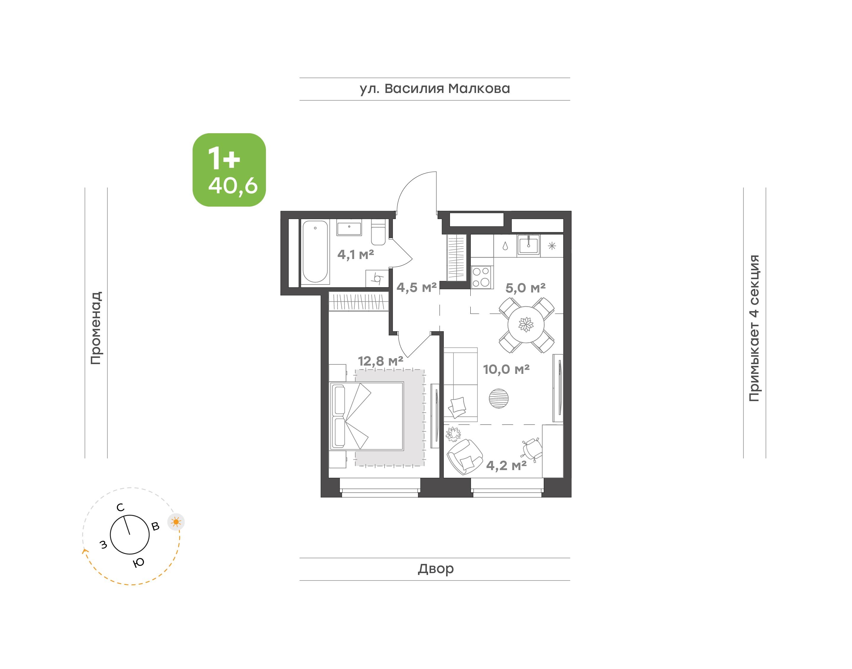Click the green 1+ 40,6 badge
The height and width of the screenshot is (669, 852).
tap(229, 170)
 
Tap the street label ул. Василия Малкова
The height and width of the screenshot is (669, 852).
tap(435, 89)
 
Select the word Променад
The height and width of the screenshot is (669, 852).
tap(96, 328)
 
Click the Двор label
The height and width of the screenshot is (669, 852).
tap(435, 569)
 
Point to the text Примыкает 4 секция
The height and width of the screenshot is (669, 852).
tap(754, 328)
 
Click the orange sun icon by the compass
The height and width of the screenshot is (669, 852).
tap(176, 522)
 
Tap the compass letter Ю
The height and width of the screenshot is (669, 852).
tap(138, 563)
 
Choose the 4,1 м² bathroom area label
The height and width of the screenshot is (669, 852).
tap(356, 255)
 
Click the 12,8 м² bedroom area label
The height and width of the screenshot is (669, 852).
tap(380, 361)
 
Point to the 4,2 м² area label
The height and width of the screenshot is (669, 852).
tap(506, 466)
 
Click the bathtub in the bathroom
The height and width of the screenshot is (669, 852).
tap(315, 251)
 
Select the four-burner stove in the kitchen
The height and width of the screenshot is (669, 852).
tap(481, 277)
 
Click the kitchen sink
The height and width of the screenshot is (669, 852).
tap(528, 245)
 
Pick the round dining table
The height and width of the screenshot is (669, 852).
tap(526, 324)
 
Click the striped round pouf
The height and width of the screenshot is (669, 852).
tap(498, 399)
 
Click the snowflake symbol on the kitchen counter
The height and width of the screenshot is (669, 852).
tap(552, 246)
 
